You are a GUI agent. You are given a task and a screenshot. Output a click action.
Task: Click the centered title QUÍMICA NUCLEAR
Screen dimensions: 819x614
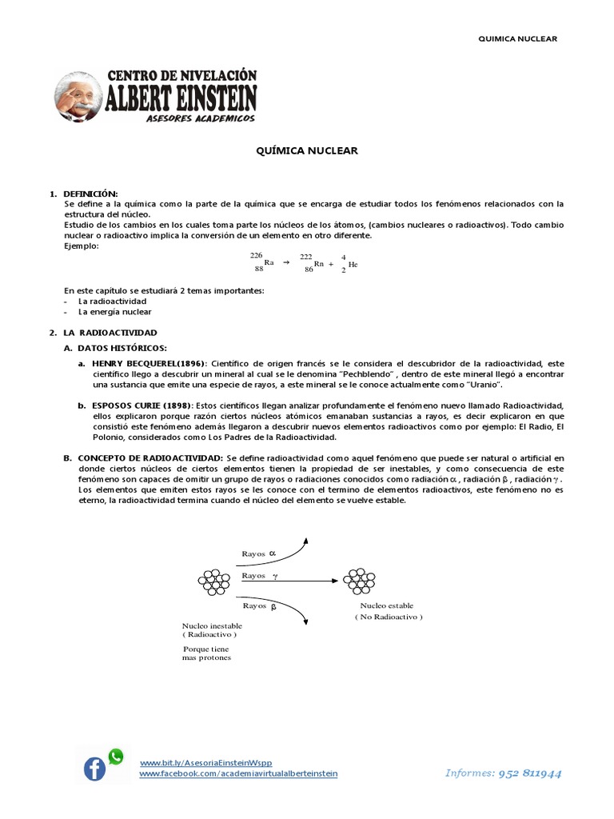(306, 150)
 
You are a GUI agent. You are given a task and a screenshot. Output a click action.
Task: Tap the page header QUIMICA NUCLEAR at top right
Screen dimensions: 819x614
(516, 38)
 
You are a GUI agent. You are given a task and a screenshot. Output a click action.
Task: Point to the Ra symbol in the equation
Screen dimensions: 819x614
(269, 262)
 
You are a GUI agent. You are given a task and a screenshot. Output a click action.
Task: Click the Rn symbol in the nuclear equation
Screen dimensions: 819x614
(319, 263)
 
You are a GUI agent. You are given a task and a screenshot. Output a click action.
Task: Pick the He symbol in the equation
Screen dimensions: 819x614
(353, 264)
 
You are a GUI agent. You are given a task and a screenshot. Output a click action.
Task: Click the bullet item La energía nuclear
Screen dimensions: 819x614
(114, 312)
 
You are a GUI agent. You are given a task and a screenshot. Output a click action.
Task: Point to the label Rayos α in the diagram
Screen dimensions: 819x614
(257, 553)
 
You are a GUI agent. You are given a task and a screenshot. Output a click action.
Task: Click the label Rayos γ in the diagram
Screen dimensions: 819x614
(258, 576)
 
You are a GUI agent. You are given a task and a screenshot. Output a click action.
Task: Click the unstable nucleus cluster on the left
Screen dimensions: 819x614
(213, 582)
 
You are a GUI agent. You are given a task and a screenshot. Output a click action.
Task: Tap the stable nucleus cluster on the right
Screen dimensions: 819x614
(359, 582)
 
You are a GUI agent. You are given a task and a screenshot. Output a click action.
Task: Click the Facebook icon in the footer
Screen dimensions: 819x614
(94, 769)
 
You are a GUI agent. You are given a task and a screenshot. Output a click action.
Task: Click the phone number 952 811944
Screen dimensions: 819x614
(529, 773)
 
